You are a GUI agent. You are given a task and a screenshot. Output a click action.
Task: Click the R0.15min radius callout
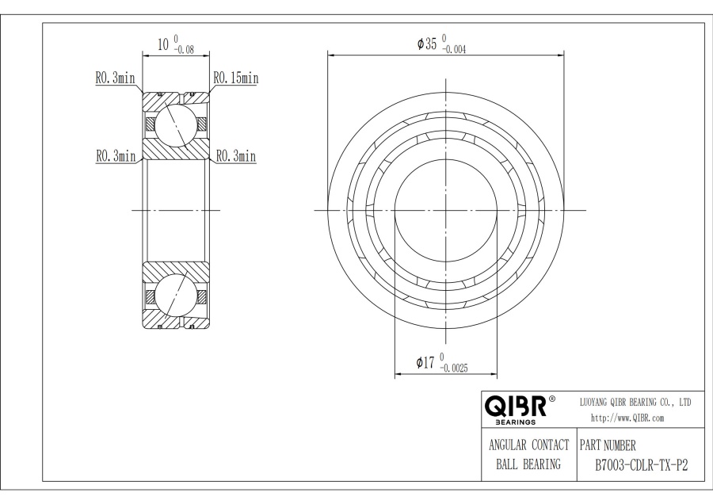(x=235, y=78)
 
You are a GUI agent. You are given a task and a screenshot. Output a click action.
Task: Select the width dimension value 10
(x=163, y=44)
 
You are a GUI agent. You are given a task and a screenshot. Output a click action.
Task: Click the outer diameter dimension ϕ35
(x=429, y=44)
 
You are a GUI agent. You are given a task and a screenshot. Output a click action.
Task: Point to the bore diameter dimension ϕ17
(x=426, y=362)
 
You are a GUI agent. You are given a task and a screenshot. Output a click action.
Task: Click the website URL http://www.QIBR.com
(x=627, y=418)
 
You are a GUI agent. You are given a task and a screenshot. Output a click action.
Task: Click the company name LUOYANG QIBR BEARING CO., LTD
(x=636, y=403)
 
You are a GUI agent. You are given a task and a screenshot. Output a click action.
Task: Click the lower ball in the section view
(x=174, y=296)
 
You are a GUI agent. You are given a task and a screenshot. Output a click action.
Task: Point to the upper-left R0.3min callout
(x=116, y=78)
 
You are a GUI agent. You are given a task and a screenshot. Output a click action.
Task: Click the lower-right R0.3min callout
(x=235, y=157)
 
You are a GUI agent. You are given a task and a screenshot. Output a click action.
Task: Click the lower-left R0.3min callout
(x=116, y=157)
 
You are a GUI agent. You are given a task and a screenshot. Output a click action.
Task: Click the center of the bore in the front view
(x=446, y=210)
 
